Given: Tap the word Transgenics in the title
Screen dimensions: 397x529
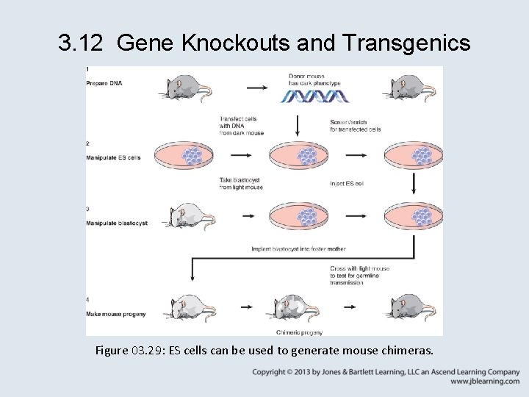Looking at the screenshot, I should [x=406, y=44].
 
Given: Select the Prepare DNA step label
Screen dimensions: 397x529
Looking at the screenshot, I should [x=104, y=83].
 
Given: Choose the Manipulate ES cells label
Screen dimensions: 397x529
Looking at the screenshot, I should [x=113, y=157].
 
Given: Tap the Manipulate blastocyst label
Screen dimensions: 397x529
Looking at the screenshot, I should [x=117, y=223].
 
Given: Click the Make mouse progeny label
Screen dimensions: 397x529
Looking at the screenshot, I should [x=115, y=314].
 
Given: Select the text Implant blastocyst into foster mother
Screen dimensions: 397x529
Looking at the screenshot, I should [x=298, y=249].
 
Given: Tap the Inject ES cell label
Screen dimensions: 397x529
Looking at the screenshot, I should [x=347, y=184].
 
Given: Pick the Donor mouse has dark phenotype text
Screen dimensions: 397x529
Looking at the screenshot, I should [x=314, y=79].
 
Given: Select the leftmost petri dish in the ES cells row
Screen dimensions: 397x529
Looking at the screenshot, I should [x=191, y=154].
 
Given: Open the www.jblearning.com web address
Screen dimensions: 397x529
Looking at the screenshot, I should [x=485, y=382].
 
